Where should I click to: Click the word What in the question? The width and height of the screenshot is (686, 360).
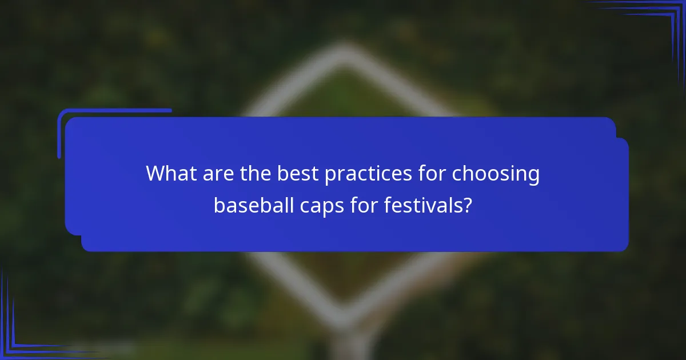click(x=170, y=174)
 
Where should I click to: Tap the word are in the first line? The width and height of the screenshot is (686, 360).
click(x=216, y=174)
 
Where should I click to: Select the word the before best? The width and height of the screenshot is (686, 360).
click(x=255, y=174)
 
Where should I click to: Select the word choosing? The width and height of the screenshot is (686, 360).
click(x=496, y=174)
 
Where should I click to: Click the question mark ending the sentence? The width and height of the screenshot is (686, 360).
click(x=467, y=204)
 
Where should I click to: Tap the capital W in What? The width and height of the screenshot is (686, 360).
click(x=156, y=174)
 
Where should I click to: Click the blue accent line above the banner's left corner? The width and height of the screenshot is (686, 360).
click(x=114, y=111)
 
